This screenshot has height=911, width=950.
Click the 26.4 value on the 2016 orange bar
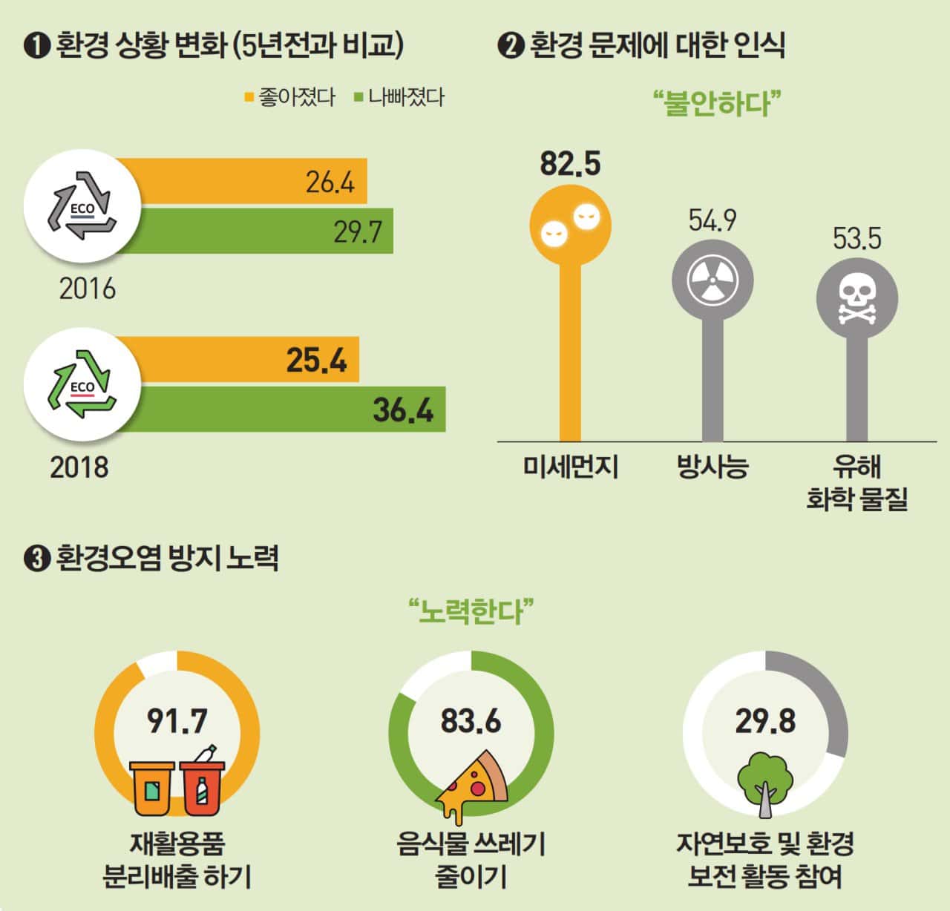[x=330, y=182]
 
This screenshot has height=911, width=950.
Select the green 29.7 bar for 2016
[x=252, y=231]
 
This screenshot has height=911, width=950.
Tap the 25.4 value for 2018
[x=317, y=361]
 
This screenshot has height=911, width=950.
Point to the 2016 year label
[x=88, y=289]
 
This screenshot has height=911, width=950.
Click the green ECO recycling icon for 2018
[x=82, y=384]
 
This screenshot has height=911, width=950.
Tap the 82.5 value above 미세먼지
[x=570, y=164]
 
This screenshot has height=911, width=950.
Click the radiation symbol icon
[x=712, y=282]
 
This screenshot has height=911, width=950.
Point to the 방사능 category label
[x=712, y=467]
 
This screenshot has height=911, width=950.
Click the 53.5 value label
[x=856, y=239]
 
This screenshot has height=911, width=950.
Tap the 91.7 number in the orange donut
[x=177, y=720]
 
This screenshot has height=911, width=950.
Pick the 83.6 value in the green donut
[x=471, y=720]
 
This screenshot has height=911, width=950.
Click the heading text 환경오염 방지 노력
[x=166, y=558]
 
